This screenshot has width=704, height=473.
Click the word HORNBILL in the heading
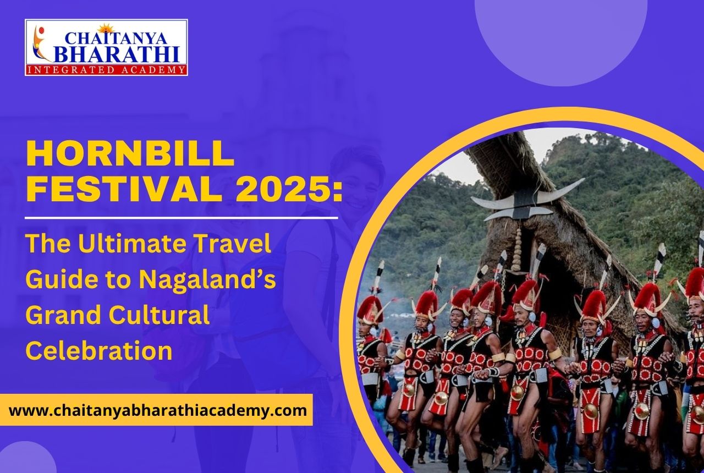coord(130,155)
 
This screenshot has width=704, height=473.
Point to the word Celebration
coord(99,351)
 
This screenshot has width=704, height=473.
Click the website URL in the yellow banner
coord(158,410)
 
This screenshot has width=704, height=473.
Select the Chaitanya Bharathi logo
coord(106,47)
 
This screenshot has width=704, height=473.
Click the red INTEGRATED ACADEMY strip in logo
coord(106,70)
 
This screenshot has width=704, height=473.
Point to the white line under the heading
coord(182,218)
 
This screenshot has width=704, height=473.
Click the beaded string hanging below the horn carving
coord(516,248)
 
